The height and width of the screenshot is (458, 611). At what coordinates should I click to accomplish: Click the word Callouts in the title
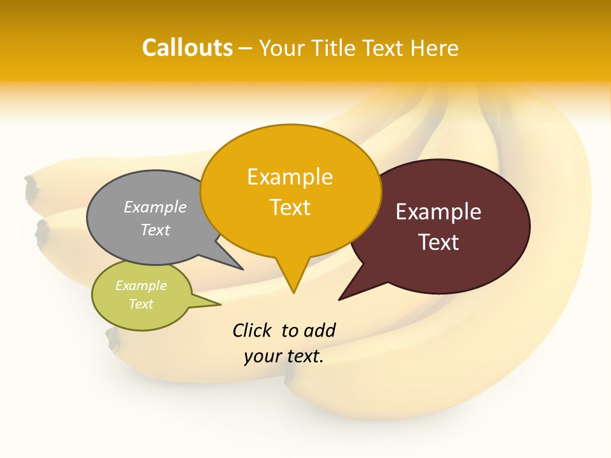click(x=187, y=48)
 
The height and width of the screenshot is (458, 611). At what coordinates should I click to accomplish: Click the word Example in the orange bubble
click(x=290, y=177)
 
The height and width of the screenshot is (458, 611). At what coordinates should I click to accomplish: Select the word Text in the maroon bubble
click(x=439, y=242)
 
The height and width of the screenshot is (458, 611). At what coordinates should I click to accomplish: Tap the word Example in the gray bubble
click(x=155, y=207)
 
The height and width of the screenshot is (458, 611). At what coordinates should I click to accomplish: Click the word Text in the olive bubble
click(x=141, y=304)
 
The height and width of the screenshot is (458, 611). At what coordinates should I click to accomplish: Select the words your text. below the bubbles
click(x=284, y=356)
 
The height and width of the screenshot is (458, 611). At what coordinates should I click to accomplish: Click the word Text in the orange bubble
click(x=290, y=207)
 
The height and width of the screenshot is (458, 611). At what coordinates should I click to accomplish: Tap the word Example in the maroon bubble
click(x=439, y=212)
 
